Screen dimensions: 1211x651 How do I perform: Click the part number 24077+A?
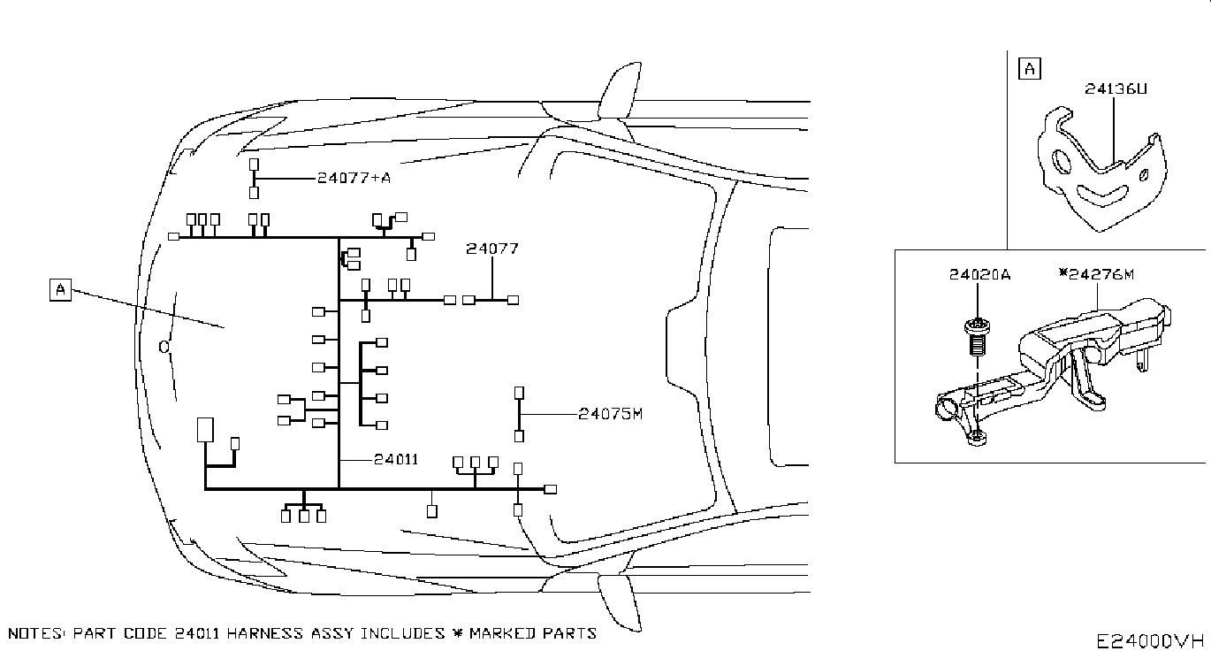pos(354,178)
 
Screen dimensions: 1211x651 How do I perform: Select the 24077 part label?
pos(492,249)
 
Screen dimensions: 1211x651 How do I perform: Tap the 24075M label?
pos(611,414)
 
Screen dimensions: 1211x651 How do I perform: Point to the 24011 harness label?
pos(396,459)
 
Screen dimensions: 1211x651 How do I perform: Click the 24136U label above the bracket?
pos(1116,88)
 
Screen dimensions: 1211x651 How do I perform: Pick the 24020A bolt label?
pos(979,275)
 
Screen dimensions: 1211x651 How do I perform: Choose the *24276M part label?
pos(1096,274)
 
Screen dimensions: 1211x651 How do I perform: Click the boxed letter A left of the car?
pos(60,289)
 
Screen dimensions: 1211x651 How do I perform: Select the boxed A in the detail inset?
pos(1029,69)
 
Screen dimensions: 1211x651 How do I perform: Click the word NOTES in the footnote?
pos(36,633)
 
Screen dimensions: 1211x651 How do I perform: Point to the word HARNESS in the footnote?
pos(264,633)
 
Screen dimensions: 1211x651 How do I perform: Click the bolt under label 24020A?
pos(977,338)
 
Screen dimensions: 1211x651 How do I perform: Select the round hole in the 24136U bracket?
pos(1061,161)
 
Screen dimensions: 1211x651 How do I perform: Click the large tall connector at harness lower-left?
pos(205,430)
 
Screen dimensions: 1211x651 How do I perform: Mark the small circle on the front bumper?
pos(164,347)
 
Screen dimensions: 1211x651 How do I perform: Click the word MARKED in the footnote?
pos(502,633)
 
